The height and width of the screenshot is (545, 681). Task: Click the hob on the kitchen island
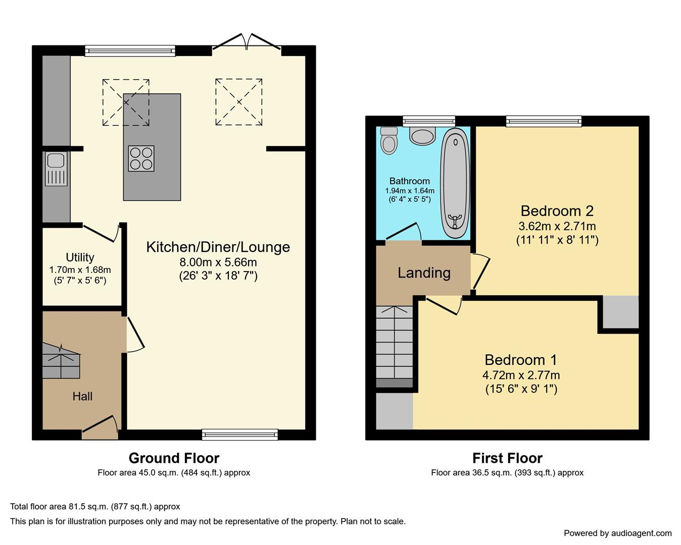tap(141, 158)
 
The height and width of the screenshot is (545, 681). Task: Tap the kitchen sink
tap(56, 169)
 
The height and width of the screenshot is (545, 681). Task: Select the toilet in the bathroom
tap(389, 140)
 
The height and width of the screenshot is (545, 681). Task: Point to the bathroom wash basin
tap(422, 136)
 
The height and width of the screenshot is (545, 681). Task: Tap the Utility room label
tap(80, 257)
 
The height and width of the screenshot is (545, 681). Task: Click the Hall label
tap(82, 396)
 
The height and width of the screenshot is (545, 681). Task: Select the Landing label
tap(424, 273)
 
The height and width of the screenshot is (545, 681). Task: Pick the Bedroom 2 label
tap(557, 211)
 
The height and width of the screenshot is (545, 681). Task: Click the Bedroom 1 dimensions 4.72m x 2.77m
tap(521, 375)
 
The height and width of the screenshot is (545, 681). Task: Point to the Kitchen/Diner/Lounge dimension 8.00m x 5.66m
tap(218, 262)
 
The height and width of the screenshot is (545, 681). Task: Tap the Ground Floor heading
tap(174, 458)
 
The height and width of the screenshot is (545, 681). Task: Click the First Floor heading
tap(508, 458)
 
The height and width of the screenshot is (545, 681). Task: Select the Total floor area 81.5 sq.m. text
tap(95, 507)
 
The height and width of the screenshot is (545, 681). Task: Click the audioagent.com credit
tap(618, 533)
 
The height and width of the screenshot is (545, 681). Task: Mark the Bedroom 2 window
tap(544, 122)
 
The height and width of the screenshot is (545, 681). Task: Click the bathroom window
tap(429, 122)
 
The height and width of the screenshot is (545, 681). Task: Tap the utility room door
tap(100, 233)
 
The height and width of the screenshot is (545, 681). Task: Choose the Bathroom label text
tap(410, 181)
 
